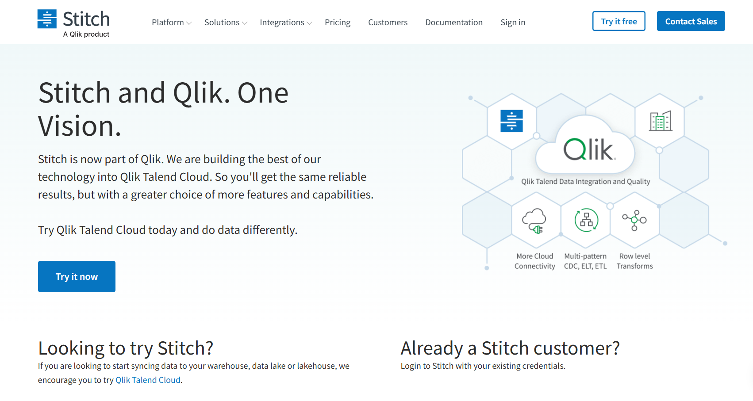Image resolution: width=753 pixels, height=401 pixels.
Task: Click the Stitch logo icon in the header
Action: [x=47, y=19]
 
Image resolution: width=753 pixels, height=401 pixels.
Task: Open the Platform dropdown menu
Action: [x=171, y=23]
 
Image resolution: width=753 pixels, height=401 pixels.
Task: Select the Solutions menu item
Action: [x=225, y=23]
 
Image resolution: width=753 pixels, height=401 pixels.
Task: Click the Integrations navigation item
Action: [x=285, y=23]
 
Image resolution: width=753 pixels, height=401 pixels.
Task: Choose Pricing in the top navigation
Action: [x=337, y=23]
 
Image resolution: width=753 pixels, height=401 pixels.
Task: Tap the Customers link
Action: [x=388, y=23]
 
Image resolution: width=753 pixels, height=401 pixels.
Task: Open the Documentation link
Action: [x=453, y=23]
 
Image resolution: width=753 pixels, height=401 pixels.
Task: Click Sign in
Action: [x=513, y=23]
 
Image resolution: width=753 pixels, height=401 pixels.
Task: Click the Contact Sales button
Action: [x=691, y=21]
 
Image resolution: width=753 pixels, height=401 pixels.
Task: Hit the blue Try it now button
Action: [x=77, y=276]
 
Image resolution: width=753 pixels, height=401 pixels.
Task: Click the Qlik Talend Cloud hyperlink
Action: [x=148, y=380]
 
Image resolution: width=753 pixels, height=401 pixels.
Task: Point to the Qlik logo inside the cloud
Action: [x=589, y=149]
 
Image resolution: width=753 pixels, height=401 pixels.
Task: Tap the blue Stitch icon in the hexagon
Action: [x=511, y=121]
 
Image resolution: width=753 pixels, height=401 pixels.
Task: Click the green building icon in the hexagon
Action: [x=660, y=121]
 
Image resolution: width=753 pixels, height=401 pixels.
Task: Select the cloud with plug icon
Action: [x=534, y=220]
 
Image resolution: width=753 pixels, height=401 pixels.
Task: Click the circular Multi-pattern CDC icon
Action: [x=586, y=220]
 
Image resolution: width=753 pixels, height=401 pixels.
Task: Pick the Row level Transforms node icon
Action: [x=634, y=220]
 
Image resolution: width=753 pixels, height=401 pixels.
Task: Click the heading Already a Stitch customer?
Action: [x=510, y=348]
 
